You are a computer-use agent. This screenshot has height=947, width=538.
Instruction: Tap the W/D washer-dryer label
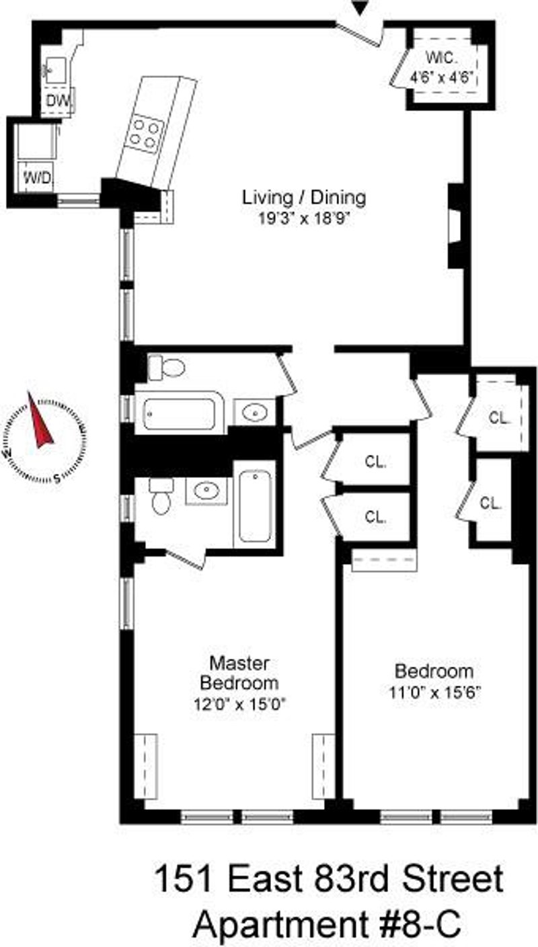[x=37, y=177]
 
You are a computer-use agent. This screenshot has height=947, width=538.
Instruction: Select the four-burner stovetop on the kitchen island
[x=146, y=134]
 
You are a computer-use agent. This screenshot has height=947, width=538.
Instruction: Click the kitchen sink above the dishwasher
[x=54, y=71]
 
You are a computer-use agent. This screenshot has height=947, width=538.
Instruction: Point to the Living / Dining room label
[x=304, y=198]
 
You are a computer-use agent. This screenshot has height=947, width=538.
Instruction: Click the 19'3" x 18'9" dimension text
[x=304, y=218]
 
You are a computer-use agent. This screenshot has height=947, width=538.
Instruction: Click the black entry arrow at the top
[x=359, y=7]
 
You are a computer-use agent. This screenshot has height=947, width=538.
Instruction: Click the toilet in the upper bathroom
[x=166, y=367]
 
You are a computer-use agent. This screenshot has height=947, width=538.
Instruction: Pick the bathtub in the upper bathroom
[x=180, y=413]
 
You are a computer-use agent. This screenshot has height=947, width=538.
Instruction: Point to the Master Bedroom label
[x=239, y=673]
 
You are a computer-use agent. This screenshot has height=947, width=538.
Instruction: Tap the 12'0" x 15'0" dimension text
[x=240, y=704]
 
